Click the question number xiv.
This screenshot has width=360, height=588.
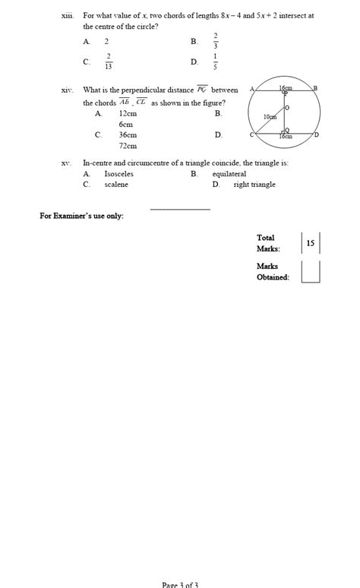click(x=67, y=90)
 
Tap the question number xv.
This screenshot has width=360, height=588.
click(x=67, y=163)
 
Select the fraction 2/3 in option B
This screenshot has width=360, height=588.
click(x=216, y=41)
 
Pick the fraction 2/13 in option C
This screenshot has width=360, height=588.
click(x=109, y=62)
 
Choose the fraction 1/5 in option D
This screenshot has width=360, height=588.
click(x=216, y=62)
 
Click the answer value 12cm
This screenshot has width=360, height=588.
click(x=128, y=113)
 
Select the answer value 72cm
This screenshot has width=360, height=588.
click(x=128, y=145)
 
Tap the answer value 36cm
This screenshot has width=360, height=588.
click(x=128, y=134)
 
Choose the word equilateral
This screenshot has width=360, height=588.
click(x=229, y=174)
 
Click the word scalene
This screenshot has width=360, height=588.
click(x=116, y=185)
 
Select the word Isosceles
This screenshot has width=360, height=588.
click(x=118, y=174)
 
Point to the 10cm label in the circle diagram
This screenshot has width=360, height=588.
click(x=270, y=117)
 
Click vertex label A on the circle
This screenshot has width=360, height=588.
click(x=251, y=89)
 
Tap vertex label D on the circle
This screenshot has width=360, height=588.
click(x=317, y=134)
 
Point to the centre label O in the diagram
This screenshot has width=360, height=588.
click(x=287, y=109)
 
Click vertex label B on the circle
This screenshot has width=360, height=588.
click(x=315, y=89)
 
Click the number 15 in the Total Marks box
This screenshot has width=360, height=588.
click(x=311, y=243)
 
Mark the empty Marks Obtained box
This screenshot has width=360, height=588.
click(x=311, y=271)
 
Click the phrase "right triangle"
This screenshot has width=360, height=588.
click(x=254, y=185)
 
